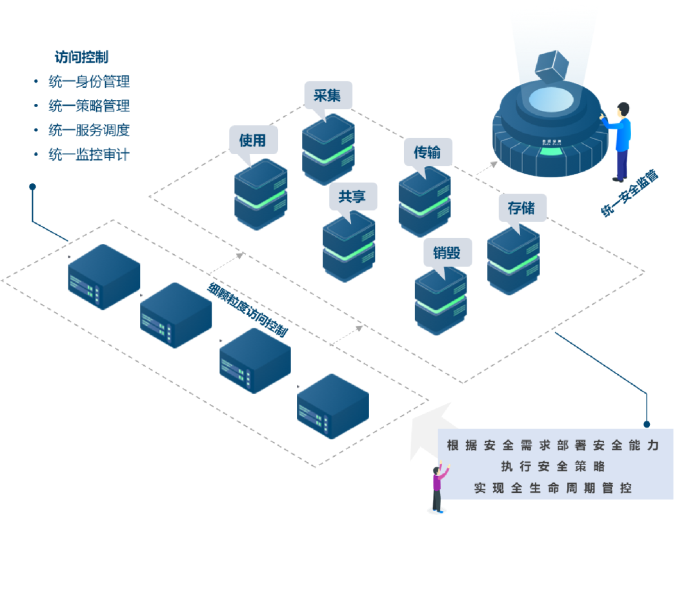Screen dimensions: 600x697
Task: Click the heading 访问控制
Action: pyautogui.click(x=81, y=57)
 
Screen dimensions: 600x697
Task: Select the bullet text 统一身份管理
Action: pyautogui.click(x=89, y=82)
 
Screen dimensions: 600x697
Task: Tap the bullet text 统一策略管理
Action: pyautogui.click(x=89, y=106)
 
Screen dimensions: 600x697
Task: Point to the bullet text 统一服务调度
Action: pyautogui.click(x=89, y=130)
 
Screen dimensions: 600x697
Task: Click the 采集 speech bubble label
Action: pyautogui.click(x=328, y=95)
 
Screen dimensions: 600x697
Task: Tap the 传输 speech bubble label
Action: pyautogui.click(x=427, y=152)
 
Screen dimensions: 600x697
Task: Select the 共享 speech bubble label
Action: pyautogui.click(x=352, y=196)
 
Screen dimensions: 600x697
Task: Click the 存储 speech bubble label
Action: pyautogui.click(x=521, y=208)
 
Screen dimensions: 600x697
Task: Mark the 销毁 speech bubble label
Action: pyautogui.click(x=447, y=252)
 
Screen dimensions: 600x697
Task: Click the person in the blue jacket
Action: pyautogui.click(x=620, y=142)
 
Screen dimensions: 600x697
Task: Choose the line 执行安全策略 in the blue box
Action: pyautogui.click(x=553, y=466)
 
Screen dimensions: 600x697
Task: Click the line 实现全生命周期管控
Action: pyautogui.click(x=553, y=488)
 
